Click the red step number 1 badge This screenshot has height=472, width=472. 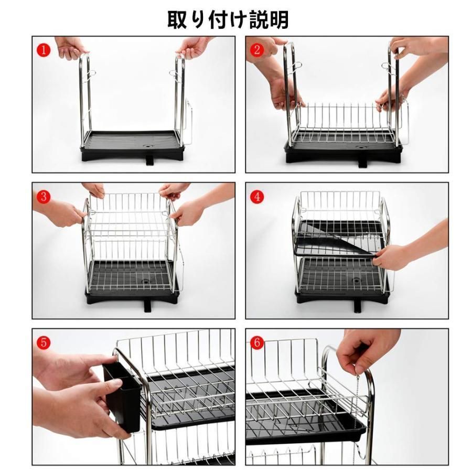pyautogui.click(x=44, y=50)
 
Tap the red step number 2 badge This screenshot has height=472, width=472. pyautogui.click(x=257, y=50)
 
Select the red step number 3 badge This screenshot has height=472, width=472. pyautogui.click(x=44, y=197)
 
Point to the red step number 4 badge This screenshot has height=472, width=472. pyautogui.click(x=257, y=197)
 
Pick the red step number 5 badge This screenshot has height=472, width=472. pyautogui.click(x=44, y=342)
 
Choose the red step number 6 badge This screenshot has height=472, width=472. pyautogui.click(x=257, y=342)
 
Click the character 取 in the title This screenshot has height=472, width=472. pyautogui.click(x=177, y=19)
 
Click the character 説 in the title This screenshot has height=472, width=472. pyautogui.click(x=259, y=19)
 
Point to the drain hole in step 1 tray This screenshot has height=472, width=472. pyautogui.click(x=148, y=146)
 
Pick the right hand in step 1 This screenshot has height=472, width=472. pyautogui.click(x=192, y=47)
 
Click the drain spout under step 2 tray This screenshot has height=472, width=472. pyautogui.click(x=363, y=163)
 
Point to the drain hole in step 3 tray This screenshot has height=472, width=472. pyautogui.click(x=146, y=282)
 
